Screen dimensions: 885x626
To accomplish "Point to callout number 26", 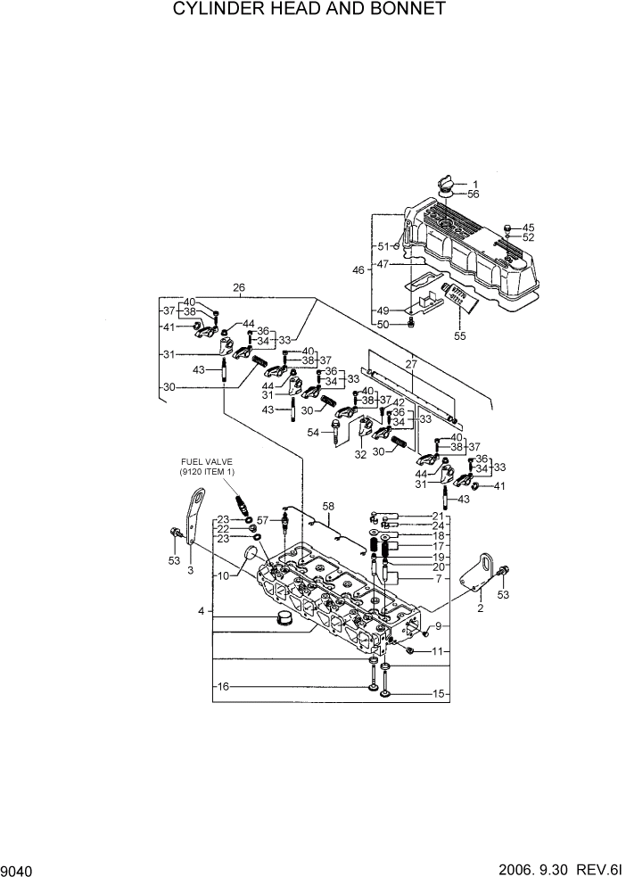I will click(238, 287).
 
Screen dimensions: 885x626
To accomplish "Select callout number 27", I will click(412, 364).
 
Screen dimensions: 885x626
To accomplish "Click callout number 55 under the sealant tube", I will click(460, 337).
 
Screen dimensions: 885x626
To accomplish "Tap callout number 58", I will click(328, 507).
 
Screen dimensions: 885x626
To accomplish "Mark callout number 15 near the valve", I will click(437, 694).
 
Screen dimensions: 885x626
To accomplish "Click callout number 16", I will click(222, 686).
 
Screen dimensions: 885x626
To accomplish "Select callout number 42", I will click(399, 402).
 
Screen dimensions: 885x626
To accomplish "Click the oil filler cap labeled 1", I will click(444, 185).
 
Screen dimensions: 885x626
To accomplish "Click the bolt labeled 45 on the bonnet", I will click(507, 227).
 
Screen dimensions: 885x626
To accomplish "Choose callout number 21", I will click(437, 517).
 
